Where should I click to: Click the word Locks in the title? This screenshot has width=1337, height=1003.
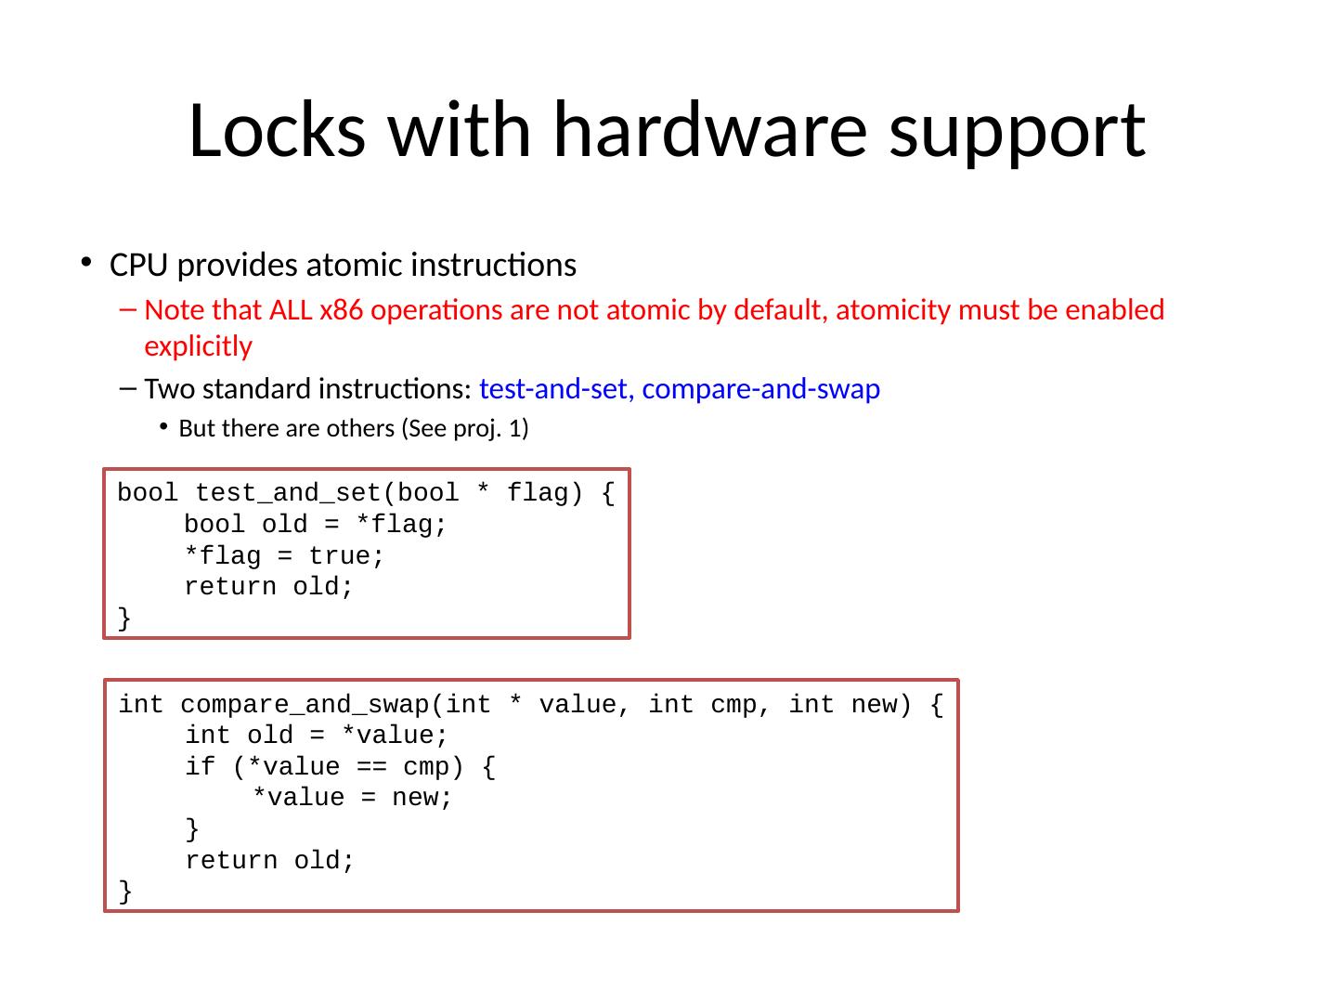tap(277, 130)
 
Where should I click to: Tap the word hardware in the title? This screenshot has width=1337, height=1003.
tap(710, 130)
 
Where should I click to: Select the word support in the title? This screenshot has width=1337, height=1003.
tap(1017, 130)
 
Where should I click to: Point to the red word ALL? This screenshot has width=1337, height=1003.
tap(292, 309)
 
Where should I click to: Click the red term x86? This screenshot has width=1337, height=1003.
tap(340, 309)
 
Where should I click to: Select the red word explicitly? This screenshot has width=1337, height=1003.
tap(198, 346)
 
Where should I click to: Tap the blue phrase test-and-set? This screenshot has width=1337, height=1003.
tap(556, 389)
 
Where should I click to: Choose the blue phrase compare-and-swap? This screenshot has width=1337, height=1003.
tap(760, 389)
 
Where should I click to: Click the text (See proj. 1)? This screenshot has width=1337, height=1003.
tap(465, 429)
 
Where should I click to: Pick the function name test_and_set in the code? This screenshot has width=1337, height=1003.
tap(289, 493)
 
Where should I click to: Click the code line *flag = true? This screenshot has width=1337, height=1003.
tap(284, 556)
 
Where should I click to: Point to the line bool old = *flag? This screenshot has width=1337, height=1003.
tap(315, 525)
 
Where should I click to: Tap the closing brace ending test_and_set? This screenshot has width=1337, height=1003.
tap(124, 619)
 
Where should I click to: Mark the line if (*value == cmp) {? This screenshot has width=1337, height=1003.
tap(340, 767)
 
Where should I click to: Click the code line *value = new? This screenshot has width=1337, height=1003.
tap(353, 799)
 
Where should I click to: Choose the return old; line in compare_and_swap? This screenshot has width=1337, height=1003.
tap(269, 861)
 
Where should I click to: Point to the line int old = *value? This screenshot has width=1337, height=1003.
tap(316, 736)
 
